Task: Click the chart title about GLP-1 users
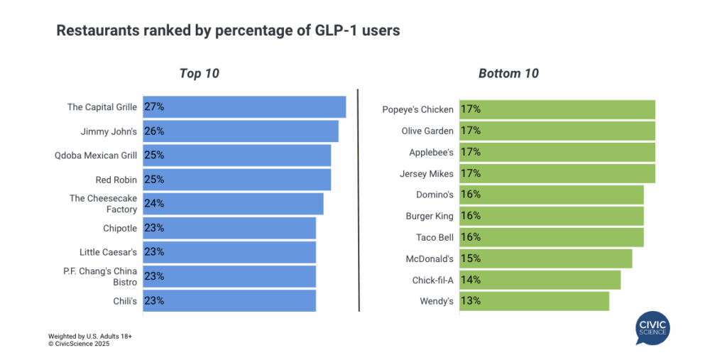pyautogui.click(x=229, y=31)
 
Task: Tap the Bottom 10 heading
pyautogui.click(x=508, y=73)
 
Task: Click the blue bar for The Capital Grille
pyautogui.click(x=244, y=107)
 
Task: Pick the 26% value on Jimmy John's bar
pyautogui.click(x=154, y=131)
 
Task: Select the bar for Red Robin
pyautogui.click(x=236, y=180)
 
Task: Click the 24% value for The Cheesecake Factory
pyautogui.click(x=154, y=204)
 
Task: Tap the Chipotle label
pyautogui.click(x=119, y=228)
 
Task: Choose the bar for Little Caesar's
pyautogui.click(x=229, y=252)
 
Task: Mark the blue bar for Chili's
pyautogui.click(x=229, y=300)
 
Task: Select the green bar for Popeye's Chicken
pyautogui.click(x=557, y=109)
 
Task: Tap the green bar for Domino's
pyautogui.click(x=551, y=195)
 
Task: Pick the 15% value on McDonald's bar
pyautogui.click(x=471, y=258)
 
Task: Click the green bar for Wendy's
pyautogui.click(x=534, y=301)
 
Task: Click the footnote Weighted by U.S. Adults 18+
pyautogui.click(x=90, y=335)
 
